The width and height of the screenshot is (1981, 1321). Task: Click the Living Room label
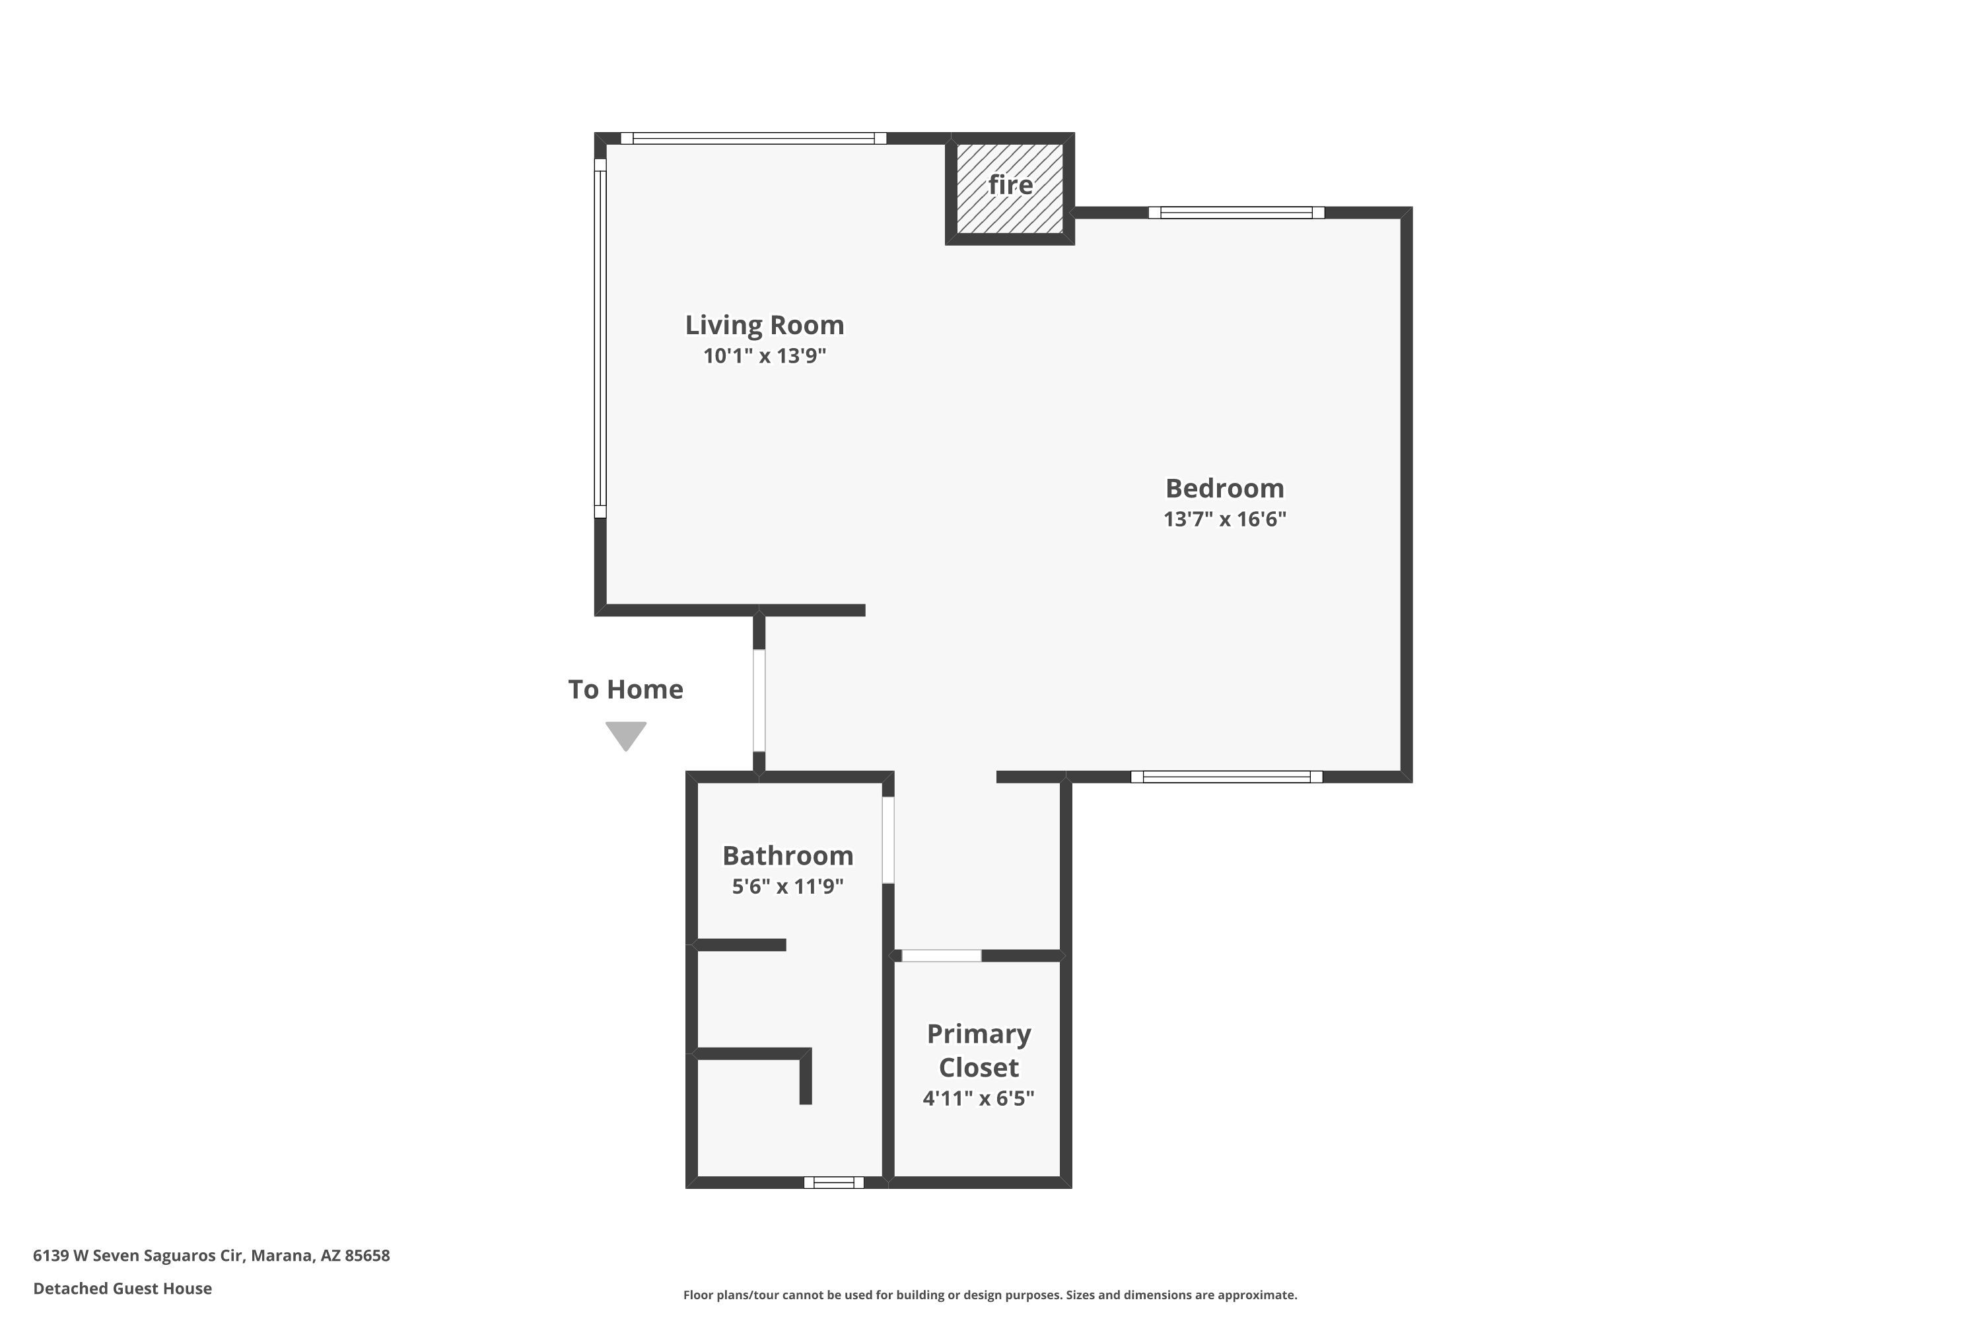click(764, 325)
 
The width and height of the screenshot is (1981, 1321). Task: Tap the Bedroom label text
click(1225, 489)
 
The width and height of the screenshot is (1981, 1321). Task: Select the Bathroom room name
click(788, 856)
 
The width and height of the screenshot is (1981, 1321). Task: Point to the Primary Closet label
click(979, 1051)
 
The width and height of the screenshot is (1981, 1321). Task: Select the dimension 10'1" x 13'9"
click(764, 355)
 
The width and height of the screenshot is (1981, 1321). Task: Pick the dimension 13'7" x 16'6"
click(1225, 519)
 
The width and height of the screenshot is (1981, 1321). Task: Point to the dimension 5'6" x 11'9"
click(788, 886)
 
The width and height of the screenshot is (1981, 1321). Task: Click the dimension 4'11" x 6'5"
click(979, 1098)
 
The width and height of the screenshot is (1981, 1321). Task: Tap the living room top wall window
click(753, 138)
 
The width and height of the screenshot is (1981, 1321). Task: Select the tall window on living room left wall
click(600, 338)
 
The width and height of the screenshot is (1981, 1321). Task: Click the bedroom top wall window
click(1236, 212)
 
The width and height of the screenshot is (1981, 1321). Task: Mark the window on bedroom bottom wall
click(1226, 777)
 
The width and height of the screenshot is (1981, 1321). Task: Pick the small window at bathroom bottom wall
click(834, 1183)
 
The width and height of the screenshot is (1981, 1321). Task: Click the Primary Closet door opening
click(942, 955)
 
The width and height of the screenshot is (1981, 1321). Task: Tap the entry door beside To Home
click(759, 700)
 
